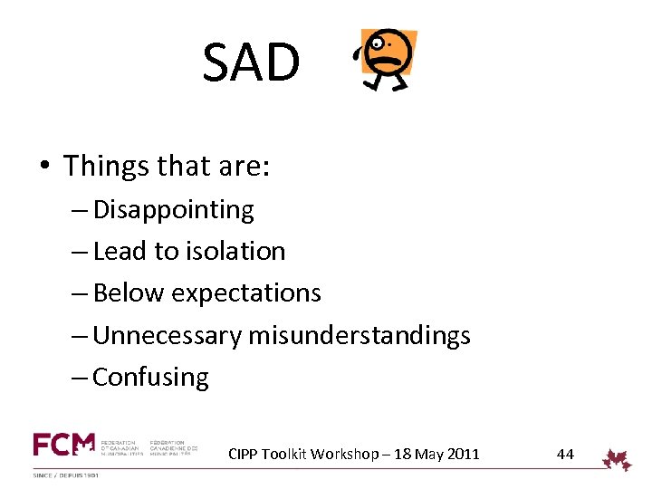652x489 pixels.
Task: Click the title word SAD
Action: point(251,62)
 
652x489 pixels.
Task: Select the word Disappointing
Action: point(173,210)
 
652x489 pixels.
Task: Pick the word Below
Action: point(129,293)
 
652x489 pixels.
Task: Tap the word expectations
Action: point(245,293)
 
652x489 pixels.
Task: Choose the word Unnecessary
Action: point(168,336)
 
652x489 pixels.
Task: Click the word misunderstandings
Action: point(360,336)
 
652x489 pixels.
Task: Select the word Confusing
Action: point(150,378)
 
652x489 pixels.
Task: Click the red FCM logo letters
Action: point(63,445)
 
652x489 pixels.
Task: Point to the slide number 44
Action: point(565,454)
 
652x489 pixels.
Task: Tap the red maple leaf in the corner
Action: point(618,459)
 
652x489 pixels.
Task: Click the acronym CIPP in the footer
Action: point(243,454)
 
